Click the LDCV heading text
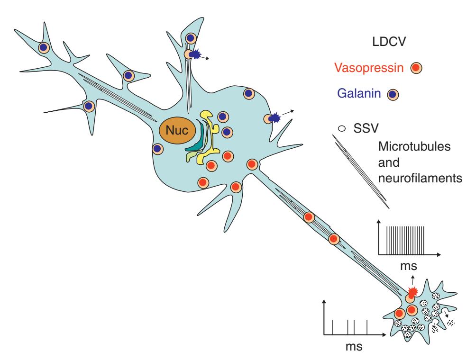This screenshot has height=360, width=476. click(x=386, y=45)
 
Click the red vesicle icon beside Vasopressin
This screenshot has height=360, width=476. click(x=417, y=69)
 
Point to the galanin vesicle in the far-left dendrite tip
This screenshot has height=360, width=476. click(x=44, y=47)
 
